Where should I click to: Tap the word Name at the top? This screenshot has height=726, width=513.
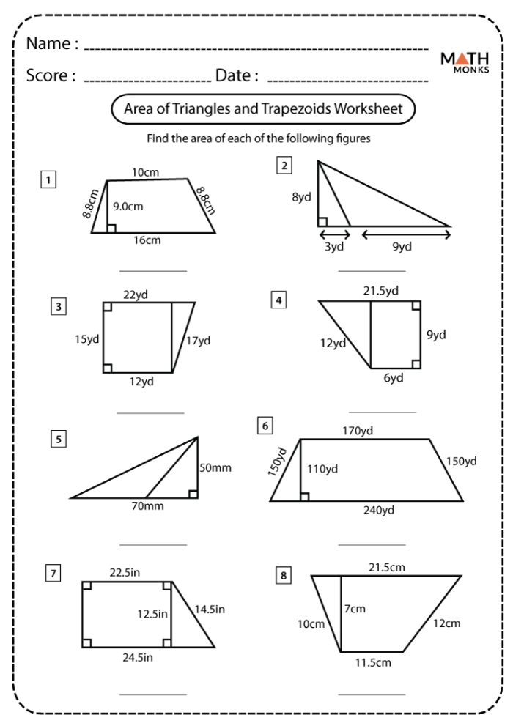[51, 44]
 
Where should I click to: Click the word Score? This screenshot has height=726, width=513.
[51, 75]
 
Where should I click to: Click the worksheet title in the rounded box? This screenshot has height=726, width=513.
[263, 110]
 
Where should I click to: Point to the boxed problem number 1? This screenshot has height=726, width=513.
[48, 178]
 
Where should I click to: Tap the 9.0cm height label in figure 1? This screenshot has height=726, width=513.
[129, 207]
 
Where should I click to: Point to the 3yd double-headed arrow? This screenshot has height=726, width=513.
[334, 234]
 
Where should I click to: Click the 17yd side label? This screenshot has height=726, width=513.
[198, 340]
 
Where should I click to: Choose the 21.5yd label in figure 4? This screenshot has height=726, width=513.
[381, 291]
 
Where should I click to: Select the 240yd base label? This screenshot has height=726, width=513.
[380, 511]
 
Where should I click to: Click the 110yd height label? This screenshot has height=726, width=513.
[323, 468]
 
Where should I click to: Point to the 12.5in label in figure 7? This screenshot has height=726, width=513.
[152, 612]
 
